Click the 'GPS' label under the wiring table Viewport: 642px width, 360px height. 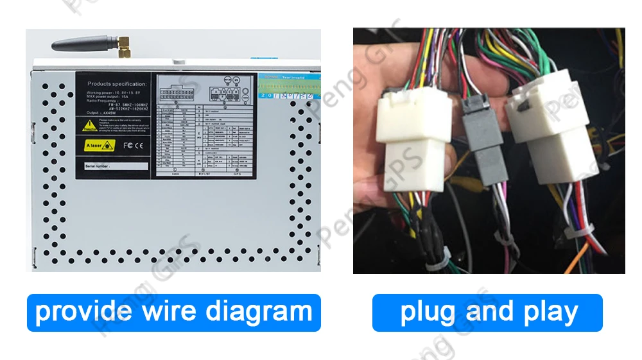[x=237, y=173]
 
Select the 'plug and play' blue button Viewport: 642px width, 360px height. [x=487, y=313]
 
